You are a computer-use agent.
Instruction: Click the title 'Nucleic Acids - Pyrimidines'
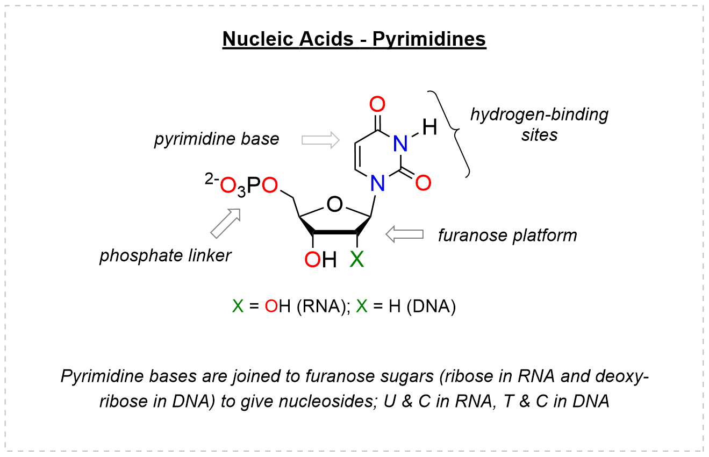click(354, 39)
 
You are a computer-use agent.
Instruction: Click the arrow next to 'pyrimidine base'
click(320, 140)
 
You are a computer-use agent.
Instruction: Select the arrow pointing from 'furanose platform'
click(404, 234)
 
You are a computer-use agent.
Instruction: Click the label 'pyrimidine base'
click(217, 139)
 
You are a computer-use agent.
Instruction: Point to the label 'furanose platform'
click(507, 235)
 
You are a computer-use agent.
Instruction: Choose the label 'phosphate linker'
click(165, 255)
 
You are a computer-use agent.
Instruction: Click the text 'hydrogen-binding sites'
click(539, 124)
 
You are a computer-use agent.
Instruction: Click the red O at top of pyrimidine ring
click(378, 104)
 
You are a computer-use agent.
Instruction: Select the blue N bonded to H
click(399, 143)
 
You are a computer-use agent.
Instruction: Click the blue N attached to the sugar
click(378, 184)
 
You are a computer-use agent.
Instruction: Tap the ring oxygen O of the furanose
click(334, 204)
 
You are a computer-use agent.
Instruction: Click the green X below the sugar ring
click(357, 260)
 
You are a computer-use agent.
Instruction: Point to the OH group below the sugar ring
click(320, 260)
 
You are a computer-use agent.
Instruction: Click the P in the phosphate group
click(254, 185)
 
